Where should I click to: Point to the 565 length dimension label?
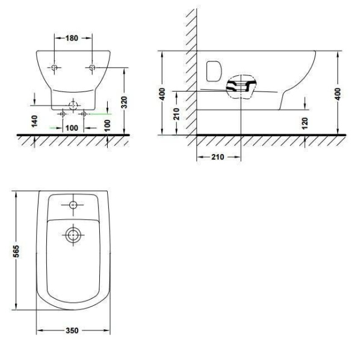point(17,250)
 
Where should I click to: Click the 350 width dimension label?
point(73,331)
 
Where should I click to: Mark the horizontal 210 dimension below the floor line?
point(218,157)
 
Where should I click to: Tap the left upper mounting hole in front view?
point(54,67)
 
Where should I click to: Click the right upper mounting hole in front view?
point(92,67)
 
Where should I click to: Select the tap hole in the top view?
point(73,205)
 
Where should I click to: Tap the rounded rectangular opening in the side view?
point(212,71)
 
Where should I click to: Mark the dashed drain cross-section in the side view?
point(241,88)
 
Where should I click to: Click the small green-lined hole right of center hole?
point(84,113)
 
